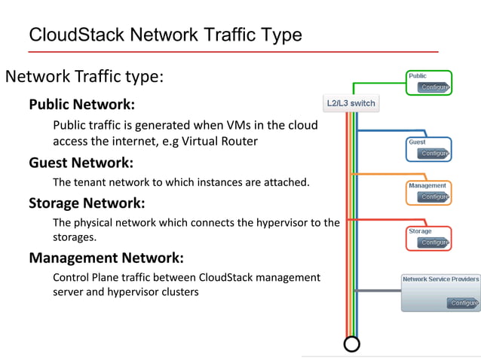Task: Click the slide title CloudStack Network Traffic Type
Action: click(164, 35)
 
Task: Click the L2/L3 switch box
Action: click(351, 103)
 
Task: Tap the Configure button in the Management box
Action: click(435, 197)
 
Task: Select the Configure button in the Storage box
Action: click(435, 243)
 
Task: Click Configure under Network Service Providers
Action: click(462, 303)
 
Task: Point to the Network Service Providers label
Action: click(440, 279)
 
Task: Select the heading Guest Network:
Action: click(81, 162)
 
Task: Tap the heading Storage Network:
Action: click(86, 203)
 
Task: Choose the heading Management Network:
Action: click(106, 258)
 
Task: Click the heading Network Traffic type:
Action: click(84, 77)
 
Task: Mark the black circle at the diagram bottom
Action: click(351, 344)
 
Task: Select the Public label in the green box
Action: click(418, 76)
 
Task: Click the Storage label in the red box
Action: click(420, 231)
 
